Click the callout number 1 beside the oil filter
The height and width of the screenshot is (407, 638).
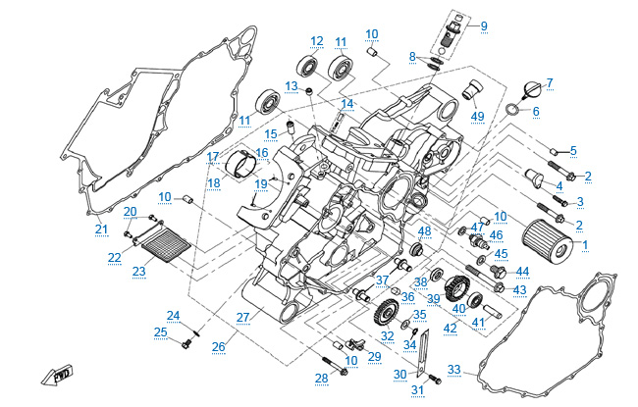tap(585, 242)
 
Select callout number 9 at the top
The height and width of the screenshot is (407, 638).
tap(483, 25)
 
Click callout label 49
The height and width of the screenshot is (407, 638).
tap(478, 117)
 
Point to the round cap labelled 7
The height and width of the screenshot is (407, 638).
tap(531, 89)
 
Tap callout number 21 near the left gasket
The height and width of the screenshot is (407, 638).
tap(101, 229)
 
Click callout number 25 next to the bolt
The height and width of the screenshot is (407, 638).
tap(160, 331)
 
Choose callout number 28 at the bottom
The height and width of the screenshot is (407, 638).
tap(321, 378)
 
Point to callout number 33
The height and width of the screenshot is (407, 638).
tap(453, 369)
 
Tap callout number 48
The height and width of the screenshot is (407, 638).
tap(425, 232)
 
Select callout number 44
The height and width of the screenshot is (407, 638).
tap(522, 272)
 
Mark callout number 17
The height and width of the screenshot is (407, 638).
tap(212, 157)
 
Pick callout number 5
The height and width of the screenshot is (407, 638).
tap(573, 150)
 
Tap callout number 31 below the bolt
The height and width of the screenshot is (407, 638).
tap(418, 390)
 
